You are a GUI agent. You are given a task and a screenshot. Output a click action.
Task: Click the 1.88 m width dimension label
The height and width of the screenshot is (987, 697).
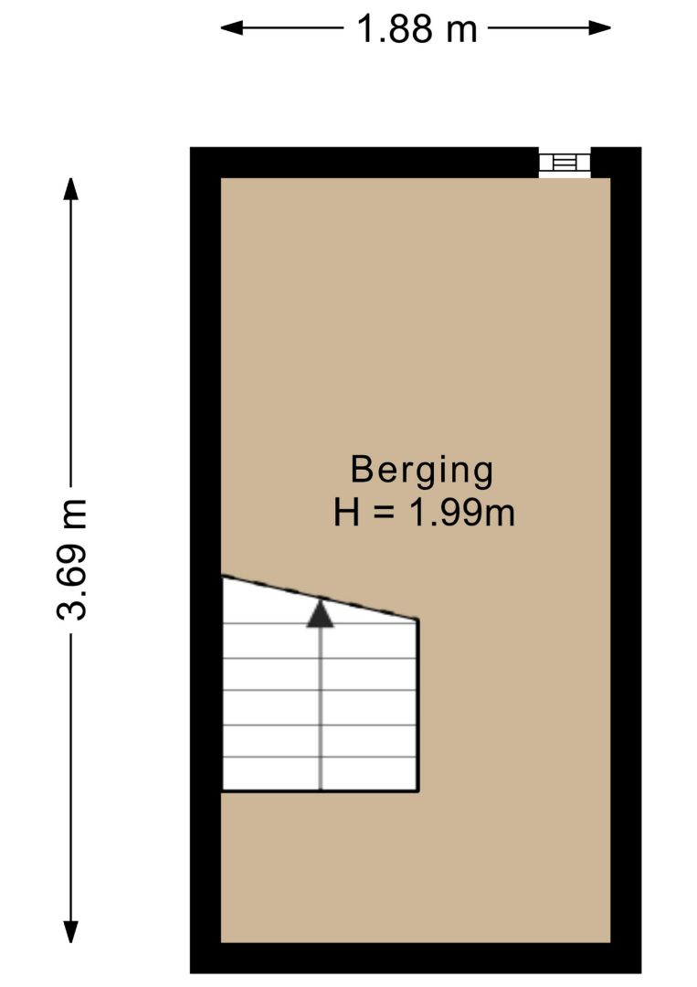tap(417, 29)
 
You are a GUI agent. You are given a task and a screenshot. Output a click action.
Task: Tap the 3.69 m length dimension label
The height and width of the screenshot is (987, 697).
tap(71, 559)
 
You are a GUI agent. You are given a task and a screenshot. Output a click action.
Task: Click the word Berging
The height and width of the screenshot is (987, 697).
tap(421, 471)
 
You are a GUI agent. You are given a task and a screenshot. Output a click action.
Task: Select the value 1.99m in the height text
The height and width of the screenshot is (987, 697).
tap(461, 513)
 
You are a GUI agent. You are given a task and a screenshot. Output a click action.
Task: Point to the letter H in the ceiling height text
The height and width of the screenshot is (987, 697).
tap(346, 513)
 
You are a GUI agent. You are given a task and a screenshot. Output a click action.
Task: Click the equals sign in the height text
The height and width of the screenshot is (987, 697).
tap(384, 513)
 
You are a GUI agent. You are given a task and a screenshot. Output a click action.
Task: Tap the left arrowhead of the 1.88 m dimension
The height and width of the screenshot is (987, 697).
tap(231, 27)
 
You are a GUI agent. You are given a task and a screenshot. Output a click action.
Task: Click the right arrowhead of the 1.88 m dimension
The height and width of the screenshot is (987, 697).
tap(599, 27)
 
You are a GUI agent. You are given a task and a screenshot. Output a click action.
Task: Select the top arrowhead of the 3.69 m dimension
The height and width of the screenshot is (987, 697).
tap(70, 189)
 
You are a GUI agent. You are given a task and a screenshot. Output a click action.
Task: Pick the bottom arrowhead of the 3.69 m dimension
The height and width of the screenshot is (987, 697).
tap(70, 931)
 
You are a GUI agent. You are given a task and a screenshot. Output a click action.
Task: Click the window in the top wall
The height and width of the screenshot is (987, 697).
tap(565, 163)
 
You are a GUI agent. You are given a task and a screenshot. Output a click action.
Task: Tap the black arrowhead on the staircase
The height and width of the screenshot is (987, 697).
tap(321, 614)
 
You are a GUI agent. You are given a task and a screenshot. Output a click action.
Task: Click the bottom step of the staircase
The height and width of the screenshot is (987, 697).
tap(321, 774)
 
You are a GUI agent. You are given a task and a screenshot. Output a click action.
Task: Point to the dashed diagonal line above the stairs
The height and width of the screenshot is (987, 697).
tap(321, 598)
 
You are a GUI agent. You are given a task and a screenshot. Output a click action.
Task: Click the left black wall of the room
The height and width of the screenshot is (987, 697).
tap(206, 560)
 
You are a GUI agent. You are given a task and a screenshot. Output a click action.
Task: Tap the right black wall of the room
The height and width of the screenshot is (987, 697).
tap(626, 560)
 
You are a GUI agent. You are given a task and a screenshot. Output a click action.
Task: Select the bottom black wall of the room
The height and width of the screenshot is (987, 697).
tap(416, 958)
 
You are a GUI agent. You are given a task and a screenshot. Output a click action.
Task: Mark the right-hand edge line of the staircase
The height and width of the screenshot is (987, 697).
tap(418, 705)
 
